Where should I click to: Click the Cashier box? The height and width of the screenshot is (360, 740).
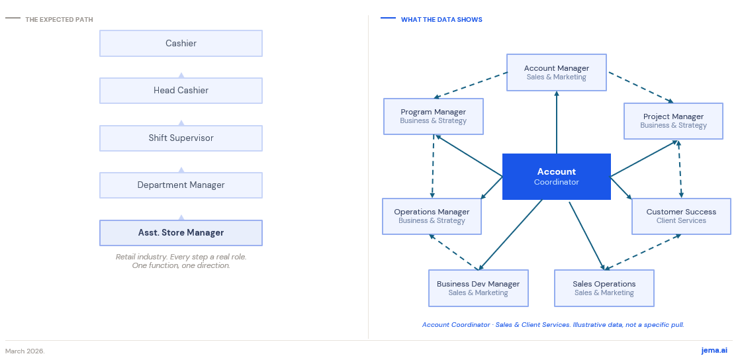[x=181, y=43]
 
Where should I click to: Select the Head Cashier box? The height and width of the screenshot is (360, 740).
[x=181, y=91]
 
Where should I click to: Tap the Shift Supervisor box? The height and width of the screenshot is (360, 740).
[x=181, y=138]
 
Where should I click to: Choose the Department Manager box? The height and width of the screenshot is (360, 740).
[x=181, y=185]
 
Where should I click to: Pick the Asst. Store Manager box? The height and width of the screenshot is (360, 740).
[x=181, y=233]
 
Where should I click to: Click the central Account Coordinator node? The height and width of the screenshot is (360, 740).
[x=557, y=177]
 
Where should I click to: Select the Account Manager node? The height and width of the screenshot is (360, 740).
[x=557, y=72]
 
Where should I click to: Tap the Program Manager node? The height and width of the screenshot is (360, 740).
[x=434, y=116]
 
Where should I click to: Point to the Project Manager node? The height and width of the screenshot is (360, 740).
[x=673, y=121]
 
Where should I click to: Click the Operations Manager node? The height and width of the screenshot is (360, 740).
[x=432, y=216]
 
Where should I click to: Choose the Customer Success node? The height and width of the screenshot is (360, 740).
[x=681, y=216]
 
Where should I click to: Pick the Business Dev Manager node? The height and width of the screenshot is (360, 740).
[x=478, y=288]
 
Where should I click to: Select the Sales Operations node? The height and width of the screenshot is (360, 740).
[x=604, y=288]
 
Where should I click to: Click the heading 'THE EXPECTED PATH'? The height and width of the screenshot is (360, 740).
[x=59, y=20]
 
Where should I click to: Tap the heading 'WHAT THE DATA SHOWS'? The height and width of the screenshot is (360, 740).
[x=441, y=20]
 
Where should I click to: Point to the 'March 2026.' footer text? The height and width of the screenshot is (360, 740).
[x=25, y=351]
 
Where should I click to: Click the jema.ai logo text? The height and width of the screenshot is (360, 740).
[x=714, y=351]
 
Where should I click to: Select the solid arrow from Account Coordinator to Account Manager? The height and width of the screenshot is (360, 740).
[x=557, y=122]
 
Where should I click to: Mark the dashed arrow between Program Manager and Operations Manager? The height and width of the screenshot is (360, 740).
[x=433, y=166]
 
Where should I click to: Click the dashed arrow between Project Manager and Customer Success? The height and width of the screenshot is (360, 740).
[x=680, y=169]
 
